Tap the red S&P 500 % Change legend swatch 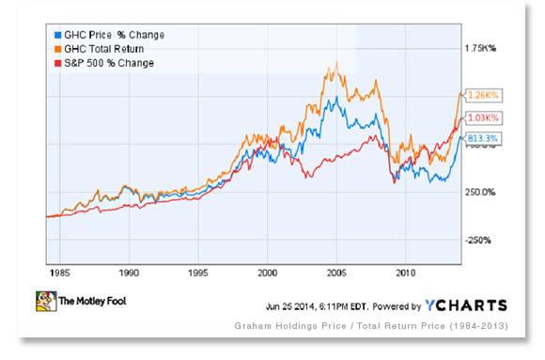(x=55, y=63)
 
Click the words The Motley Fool (x=96, y=304)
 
